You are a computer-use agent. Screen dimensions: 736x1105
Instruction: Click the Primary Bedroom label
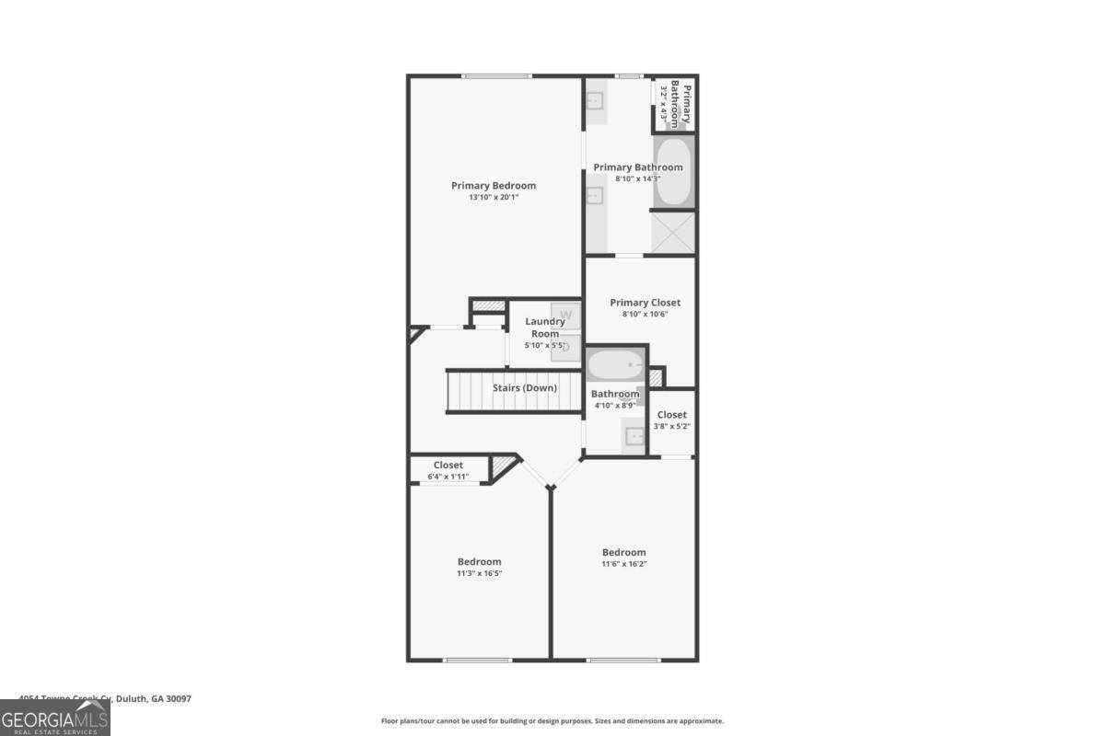(493, 186)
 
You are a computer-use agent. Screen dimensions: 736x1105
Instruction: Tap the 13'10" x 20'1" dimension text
(493, 198)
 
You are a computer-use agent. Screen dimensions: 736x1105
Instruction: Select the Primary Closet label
(645, 303)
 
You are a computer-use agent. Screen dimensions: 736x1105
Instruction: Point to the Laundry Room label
(545, 328)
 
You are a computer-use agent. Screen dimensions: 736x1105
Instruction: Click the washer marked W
(566, 316)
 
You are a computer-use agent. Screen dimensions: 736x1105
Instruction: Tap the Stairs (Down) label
(525, 388)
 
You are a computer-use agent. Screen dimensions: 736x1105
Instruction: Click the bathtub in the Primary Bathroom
(673, 172)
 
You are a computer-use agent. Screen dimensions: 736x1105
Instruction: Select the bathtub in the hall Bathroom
(616, 365)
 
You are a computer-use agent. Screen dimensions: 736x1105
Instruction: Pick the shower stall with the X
(673, 233)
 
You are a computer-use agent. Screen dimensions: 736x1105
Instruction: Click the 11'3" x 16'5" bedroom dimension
(480, 573)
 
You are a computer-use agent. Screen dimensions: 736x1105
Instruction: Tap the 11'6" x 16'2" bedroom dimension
(623, 564)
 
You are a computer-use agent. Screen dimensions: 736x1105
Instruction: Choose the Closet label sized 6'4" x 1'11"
(448, 466)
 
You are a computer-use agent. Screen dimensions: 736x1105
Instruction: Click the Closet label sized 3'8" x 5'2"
(672, 415)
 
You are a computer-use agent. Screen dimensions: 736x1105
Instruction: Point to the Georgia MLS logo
(55, 718)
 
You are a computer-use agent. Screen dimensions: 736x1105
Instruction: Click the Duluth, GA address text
(105, 699)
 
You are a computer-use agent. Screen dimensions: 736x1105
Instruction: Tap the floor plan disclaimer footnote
(552, 721)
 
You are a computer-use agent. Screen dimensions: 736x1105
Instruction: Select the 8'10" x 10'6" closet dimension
(645, 315)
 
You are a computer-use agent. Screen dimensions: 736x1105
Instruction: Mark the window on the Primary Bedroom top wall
(496, 76)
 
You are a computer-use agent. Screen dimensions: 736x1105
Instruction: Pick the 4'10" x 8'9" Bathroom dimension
(614, 406)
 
